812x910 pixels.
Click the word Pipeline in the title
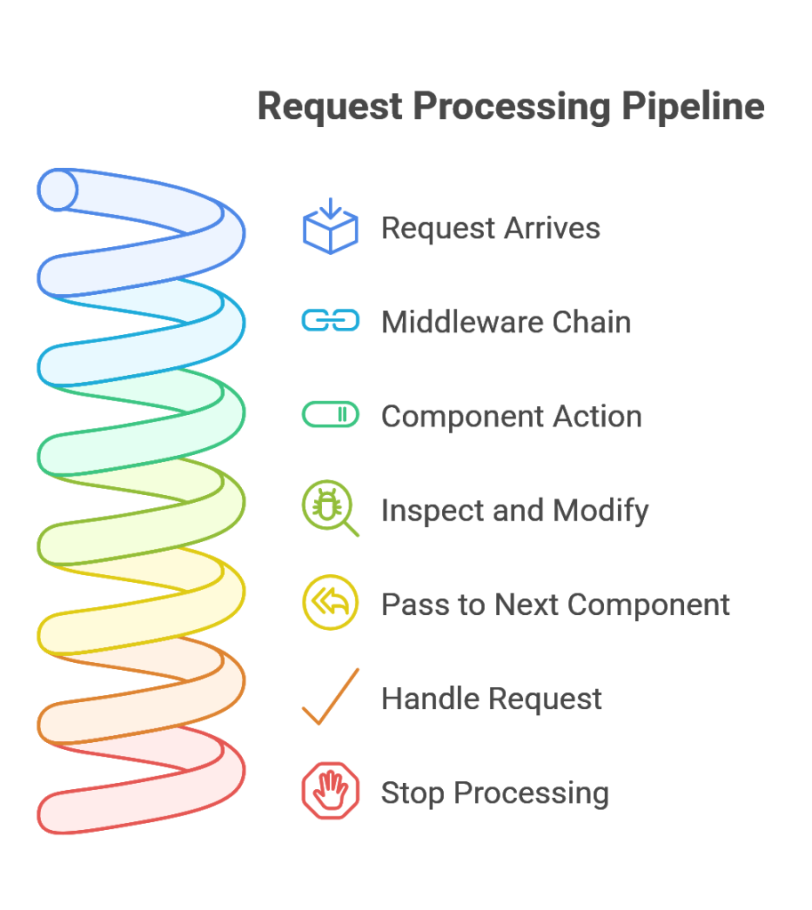[x=693, y=108]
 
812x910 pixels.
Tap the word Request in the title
[x=330, y=108]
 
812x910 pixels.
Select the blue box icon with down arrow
[x=331, y=226]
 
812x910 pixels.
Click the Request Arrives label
[x=490, y=227]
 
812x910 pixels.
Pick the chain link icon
[x=331, y=320]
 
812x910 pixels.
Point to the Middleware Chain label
[x=506, y=322]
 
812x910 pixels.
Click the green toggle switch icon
[x=331, y=414]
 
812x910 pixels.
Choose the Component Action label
[x=511, y=416]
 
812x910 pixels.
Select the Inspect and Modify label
[x=515, y=511]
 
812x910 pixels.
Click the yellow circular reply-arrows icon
[x=330, y=603]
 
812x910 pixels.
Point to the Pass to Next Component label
[x=555, y=604]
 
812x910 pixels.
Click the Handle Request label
[x=492, y=698]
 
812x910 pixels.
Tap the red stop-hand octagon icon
[x=331, y=790]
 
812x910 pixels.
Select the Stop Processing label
[x=494, y=794]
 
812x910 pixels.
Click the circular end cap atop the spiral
[x=58, y=189]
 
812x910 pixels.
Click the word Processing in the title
[x=511, y=108]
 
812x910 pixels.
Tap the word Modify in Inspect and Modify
[x=600, y=511]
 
